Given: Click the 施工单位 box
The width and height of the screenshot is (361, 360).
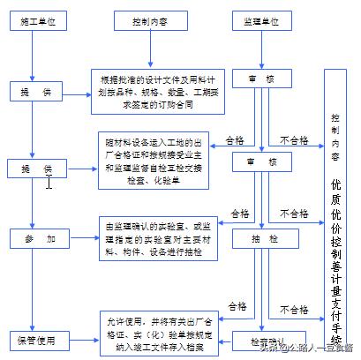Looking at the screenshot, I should click(x=33, y=19).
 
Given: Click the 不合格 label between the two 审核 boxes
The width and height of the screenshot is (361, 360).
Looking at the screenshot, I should click(x=295, y=139).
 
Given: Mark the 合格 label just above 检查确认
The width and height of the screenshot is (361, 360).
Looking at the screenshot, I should click(x=237, y=306).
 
